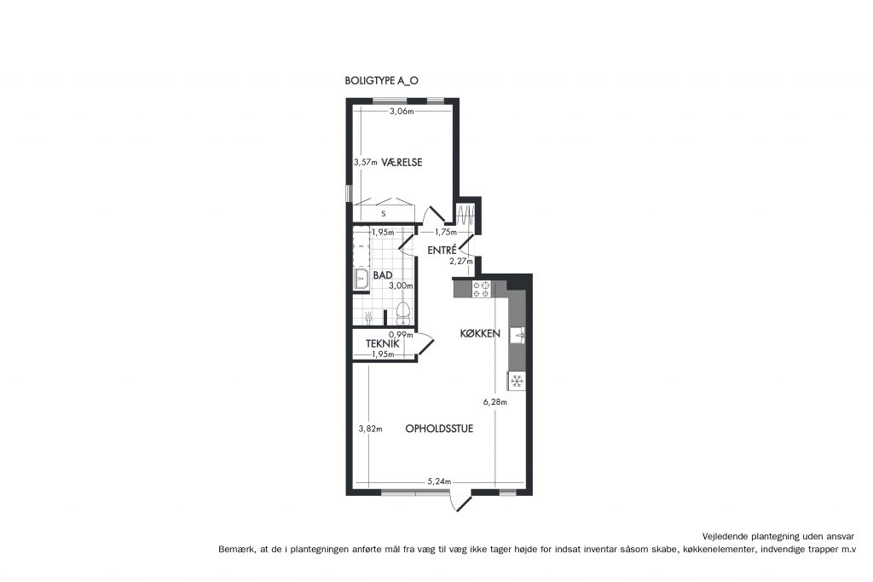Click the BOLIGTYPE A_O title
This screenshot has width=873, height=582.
click(x=381, y=81)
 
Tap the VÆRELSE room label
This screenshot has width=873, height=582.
click(x=402, y=163)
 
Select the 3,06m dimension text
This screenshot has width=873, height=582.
click(x=402, y=112)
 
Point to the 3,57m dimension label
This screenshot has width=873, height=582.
click(x=366, y=163)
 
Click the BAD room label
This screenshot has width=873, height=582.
click(x=383, y=275)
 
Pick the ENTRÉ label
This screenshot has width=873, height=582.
click(x=442, y=251)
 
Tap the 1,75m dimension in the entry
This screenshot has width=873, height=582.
click(x=446, y=232)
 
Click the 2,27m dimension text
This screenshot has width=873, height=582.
click(x=461, y=261)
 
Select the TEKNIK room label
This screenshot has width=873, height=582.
click(x=383, y=344)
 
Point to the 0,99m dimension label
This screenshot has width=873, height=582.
click(x=401, y=334)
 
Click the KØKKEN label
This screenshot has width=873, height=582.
click(x=480, y=334)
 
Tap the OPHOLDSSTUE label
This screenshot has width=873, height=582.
click(x=439, y=429)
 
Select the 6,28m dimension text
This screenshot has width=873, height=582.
click(x=495, y=401)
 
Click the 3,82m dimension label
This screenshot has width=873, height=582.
click(x=370, y=429)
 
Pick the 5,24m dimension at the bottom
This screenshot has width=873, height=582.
click(x=439, y=481)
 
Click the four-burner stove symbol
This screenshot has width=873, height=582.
click(x=481, y=290)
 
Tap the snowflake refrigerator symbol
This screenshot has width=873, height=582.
click(x=517, y=381)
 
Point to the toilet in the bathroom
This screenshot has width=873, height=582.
click(x=402, y=314)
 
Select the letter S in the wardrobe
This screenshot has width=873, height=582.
click(x=383, y=214)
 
